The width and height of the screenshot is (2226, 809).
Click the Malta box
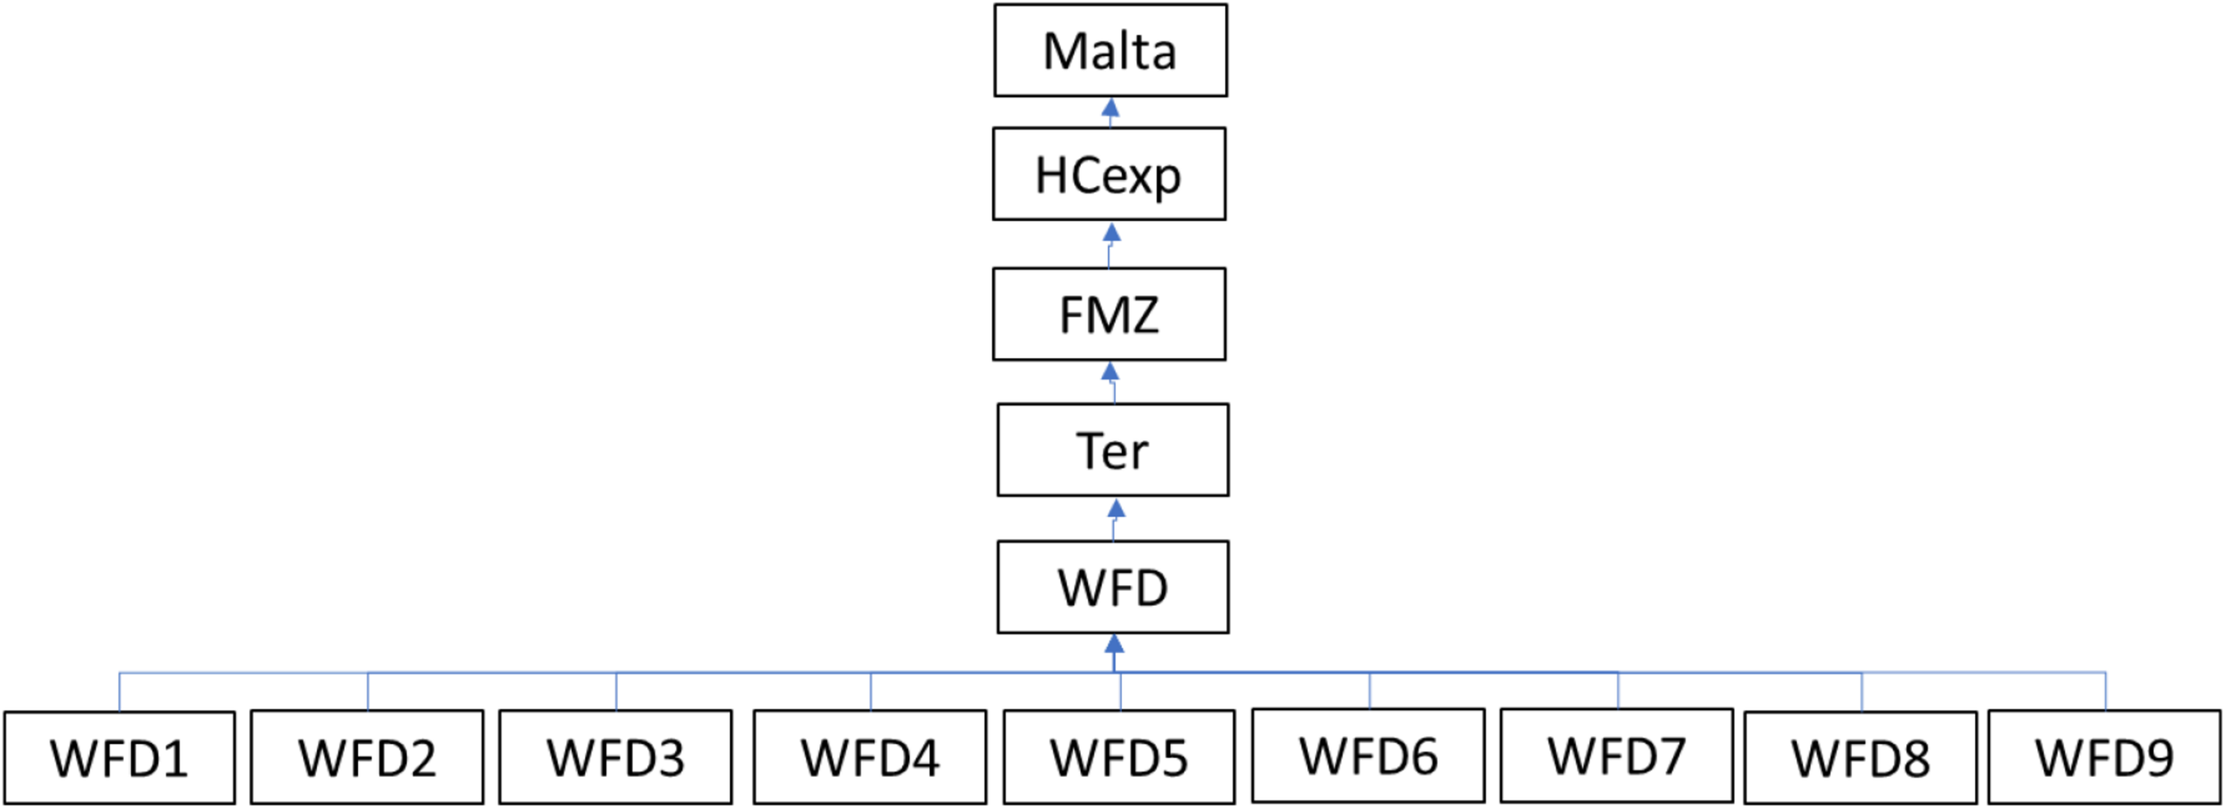(1110, 51)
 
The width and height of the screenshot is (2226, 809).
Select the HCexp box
(1109, 175)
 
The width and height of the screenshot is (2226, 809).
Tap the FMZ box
(1109, 315)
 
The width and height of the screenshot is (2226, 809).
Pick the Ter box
(1113, 451)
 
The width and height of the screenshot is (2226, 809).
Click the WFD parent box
(1113, 588)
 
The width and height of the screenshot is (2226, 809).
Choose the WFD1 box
(119, 758)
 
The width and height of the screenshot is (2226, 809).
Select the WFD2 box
(367, 758)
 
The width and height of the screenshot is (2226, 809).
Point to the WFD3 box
(615, 758)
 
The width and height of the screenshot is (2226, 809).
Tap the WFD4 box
(870, 758)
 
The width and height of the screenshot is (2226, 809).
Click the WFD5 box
(1119, 758)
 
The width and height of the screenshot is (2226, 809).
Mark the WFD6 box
(1369, 756)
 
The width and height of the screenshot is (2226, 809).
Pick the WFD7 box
(1617, 756)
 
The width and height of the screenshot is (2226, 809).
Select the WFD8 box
(1861, 758)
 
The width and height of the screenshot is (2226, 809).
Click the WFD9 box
(2105, 757)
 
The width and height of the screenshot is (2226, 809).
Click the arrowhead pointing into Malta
(1110, 108)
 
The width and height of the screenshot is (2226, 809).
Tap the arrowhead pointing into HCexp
(1111, 233)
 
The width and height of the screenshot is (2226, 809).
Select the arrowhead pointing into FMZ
(1109, 372)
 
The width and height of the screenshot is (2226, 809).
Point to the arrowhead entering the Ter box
(1116, 508)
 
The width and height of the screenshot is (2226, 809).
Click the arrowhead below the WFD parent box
(1114, 643)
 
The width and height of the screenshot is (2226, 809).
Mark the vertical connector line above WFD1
(119, 692)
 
